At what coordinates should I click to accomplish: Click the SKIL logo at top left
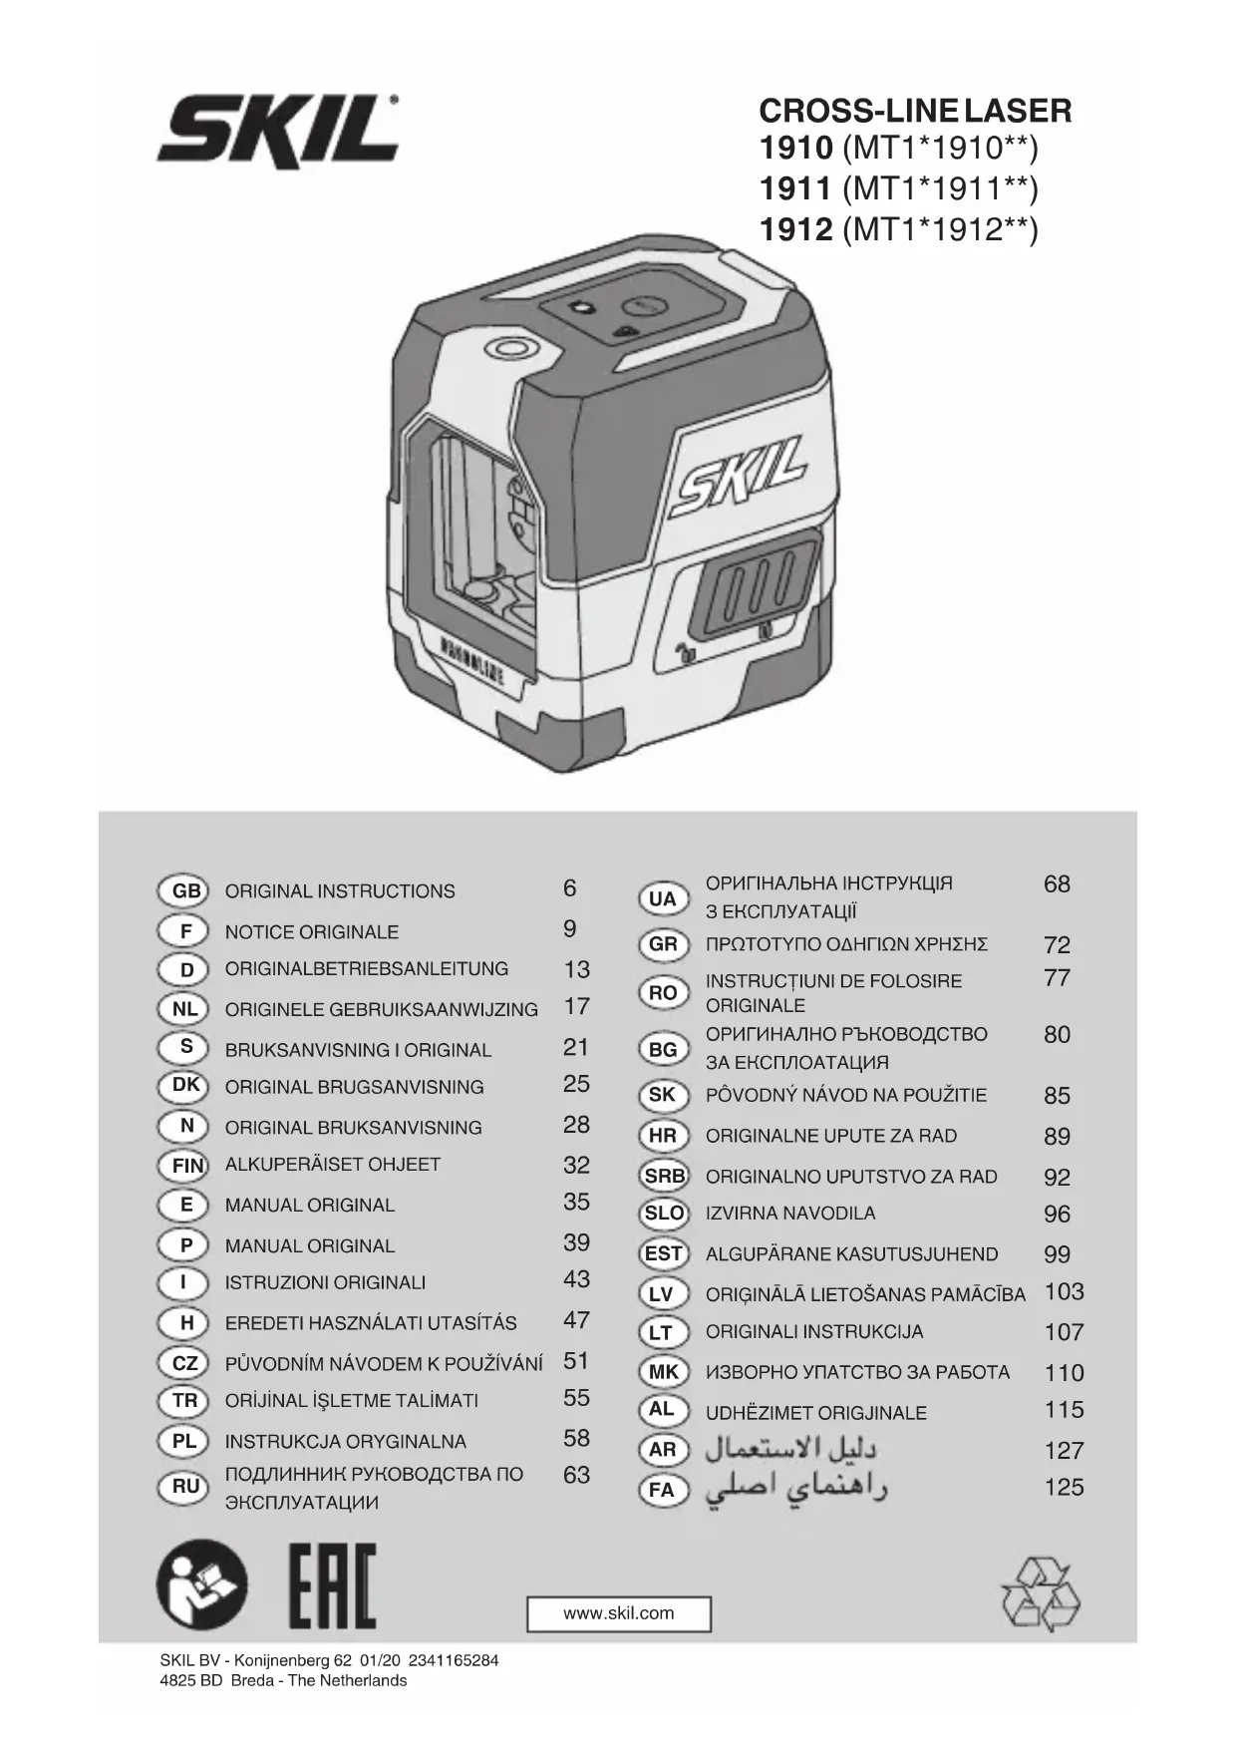(x=278, y=130)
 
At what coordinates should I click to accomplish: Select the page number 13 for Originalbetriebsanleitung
(x=576, y=969)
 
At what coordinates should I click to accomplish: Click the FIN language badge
(x=185, y=1165)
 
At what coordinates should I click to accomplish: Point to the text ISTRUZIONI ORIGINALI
(x=325, y=1282)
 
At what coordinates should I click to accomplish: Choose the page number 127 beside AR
(x=1064, y=1450)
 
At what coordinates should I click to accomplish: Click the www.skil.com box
(x=619, y=1613)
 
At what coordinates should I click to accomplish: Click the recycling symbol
(x=1040, y=1594)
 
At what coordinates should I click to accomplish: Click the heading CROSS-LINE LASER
(x=915, y=110)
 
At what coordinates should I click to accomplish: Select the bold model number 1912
(x=795, y=230)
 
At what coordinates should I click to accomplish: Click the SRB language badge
(x=664, y=1176)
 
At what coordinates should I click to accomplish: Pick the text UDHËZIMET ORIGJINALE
(x=815, y=1412)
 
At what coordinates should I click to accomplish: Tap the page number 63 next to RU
(x=576, y=1474)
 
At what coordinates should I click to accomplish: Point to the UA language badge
(x=663, y=898)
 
